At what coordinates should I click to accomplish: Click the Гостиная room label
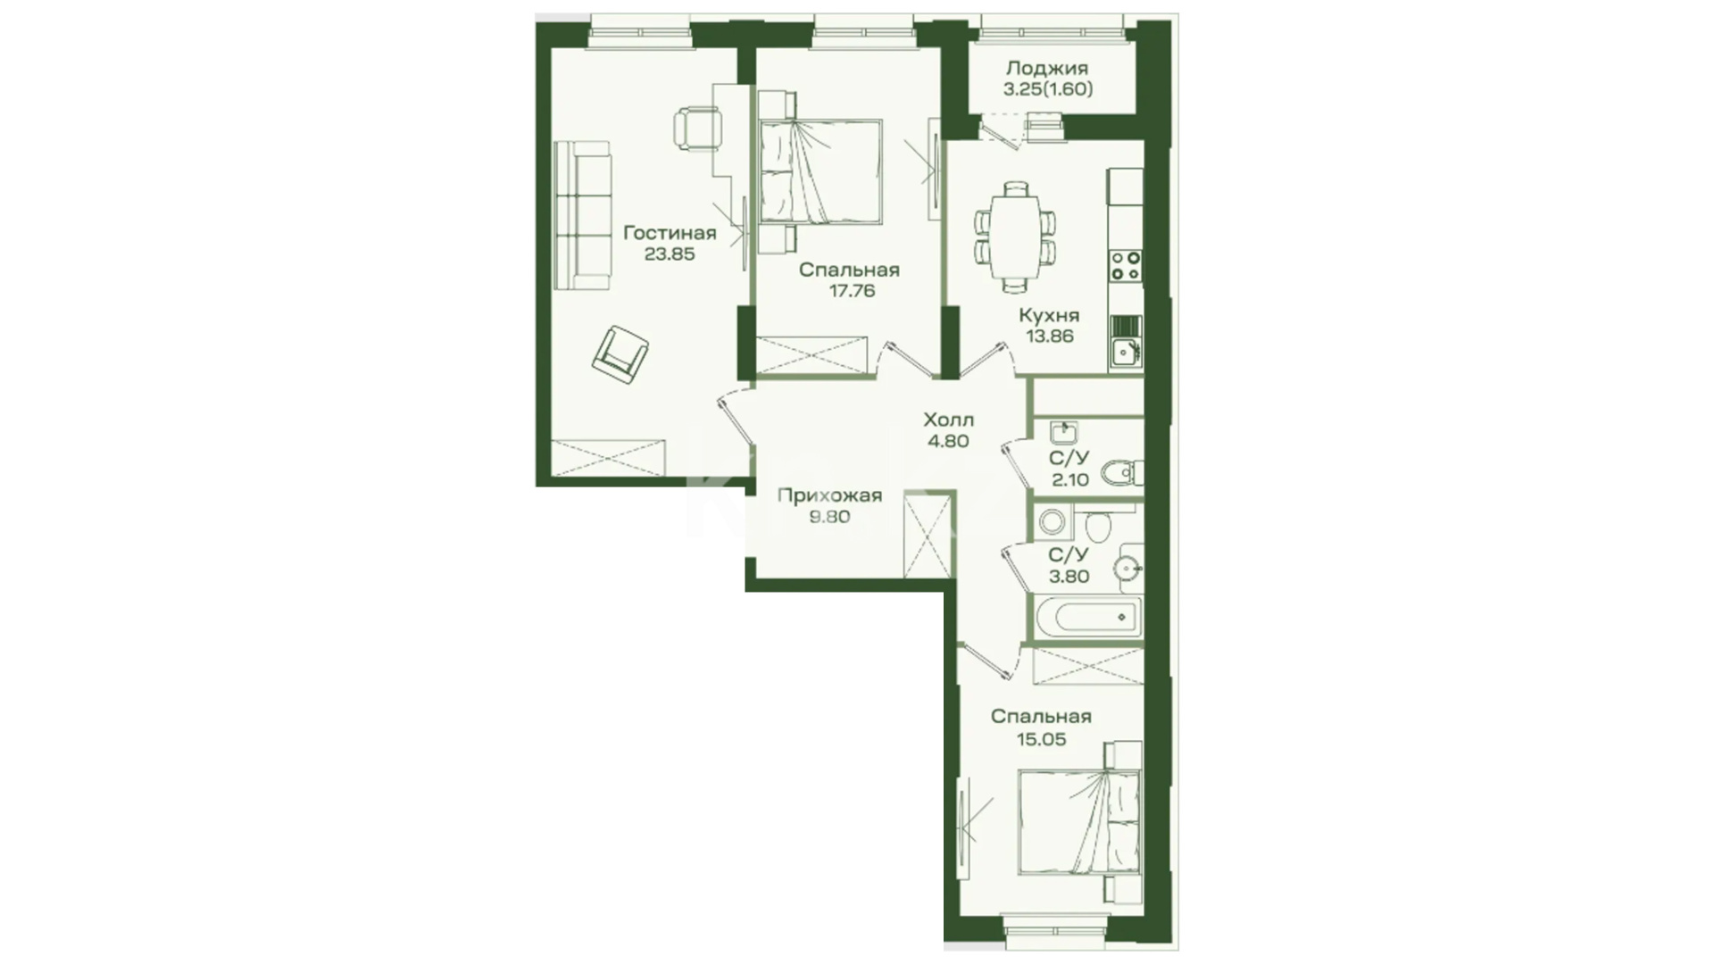670,233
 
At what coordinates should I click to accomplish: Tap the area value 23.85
670,253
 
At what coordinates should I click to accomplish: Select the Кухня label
1049,315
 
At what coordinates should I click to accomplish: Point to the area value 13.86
1049,337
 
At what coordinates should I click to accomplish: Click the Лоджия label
1047,69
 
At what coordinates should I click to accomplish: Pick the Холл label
948,420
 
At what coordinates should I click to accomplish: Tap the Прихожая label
829,495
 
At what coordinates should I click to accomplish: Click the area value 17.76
851,291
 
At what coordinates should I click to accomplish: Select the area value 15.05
1041,739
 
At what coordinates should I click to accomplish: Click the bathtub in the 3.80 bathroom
1086,617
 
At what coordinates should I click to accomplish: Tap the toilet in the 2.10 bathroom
1122,471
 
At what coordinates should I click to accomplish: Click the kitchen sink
1126,343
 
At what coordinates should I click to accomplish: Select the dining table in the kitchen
1015,237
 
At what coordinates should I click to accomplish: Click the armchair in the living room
620,354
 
